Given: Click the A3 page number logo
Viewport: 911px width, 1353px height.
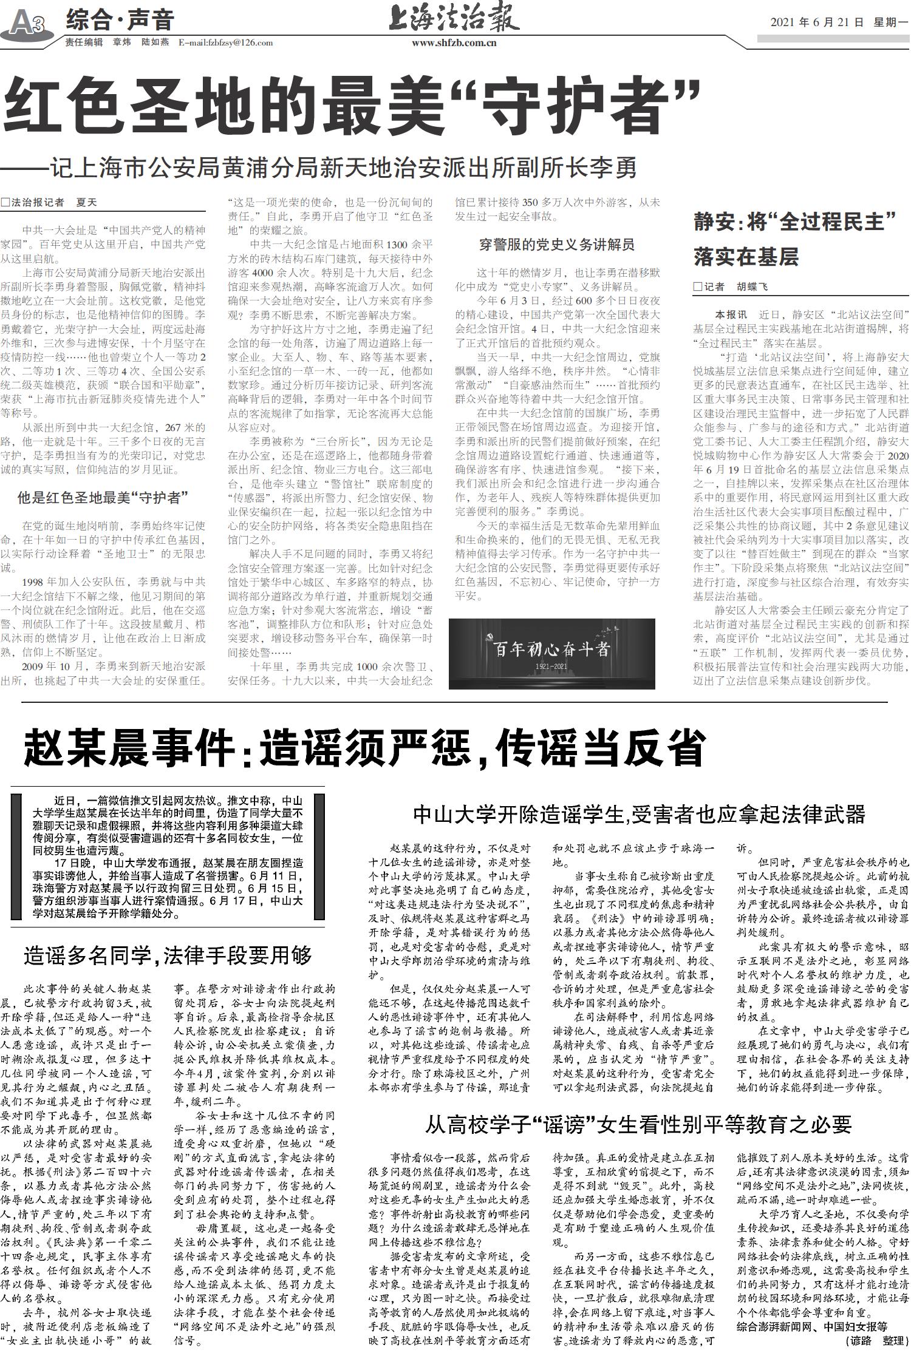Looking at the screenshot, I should pyautogui.click(x=28, y=23).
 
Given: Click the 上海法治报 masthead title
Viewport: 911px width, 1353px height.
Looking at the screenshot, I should pyautogui.click(x=454, y=18).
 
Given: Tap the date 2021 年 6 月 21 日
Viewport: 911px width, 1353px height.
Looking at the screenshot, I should pyautogui.click(x=817, y=22).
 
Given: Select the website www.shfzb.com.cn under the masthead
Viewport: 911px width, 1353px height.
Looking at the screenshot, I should pyautogui.click(x=454, y=42).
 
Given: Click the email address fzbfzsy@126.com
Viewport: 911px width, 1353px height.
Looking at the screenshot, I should pyautogui.click(x=225, y=42).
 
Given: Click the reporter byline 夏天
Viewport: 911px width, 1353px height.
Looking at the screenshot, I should pyautogui.click(x=86, y=202).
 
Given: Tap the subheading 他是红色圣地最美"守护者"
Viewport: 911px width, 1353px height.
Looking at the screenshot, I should pyautogui.click(x=103, y=498).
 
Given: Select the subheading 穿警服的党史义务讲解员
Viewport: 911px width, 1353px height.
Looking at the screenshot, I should pyautogui.click(x=557, y=245).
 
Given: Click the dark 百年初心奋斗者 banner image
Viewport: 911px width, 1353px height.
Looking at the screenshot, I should pyautogui.click(x=551, y=654).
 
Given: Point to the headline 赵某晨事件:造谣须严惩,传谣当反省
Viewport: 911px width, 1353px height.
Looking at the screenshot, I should pyautogui.click(x=364, y=748).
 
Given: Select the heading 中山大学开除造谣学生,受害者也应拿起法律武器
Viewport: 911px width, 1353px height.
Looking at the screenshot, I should pyautogui.click(x=638, y=815).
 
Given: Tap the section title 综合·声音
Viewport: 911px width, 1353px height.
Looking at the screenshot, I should pyautogui.click(x=120, y=21).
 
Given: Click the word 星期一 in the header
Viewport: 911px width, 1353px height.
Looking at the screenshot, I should pyautogui.click(x=890, y=22).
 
